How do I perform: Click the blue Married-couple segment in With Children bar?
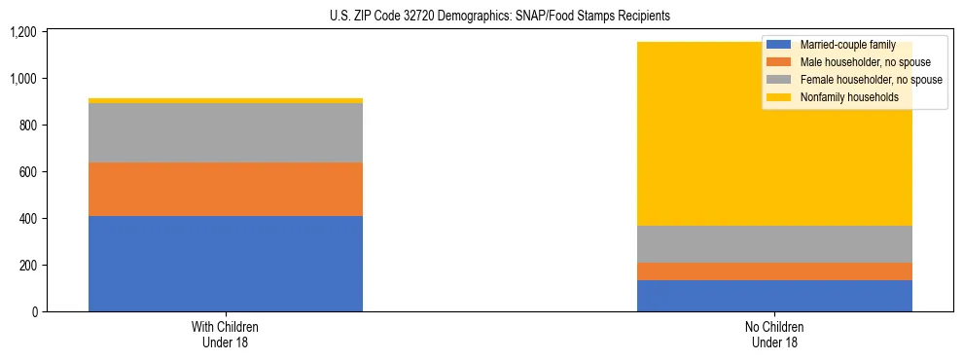[x=226, y=264]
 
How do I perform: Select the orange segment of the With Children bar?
[x=226, y=189]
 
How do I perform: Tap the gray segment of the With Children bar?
[x=226, y=132]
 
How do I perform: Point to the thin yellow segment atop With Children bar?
[x=226, y=100]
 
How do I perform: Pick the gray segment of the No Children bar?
[x=774, y=244]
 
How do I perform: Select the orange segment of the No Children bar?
[x=774, y=271]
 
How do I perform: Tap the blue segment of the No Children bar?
[x=774, y=296]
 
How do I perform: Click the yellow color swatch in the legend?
[x=779, y=97]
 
